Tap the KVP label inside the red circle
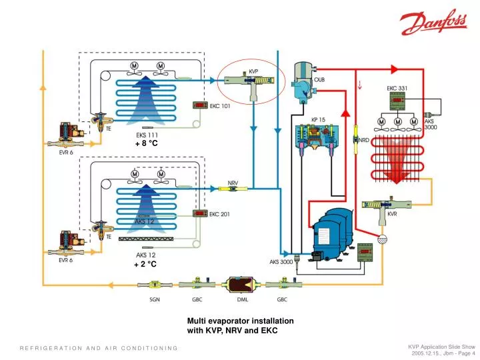click(x=254, y=71)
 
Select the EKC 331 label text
click(x=398, y=88)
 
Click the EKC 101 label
click(x=220, y=105)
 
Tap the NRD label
click(x=364, y=141)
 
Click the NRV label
click(x=234, y=183)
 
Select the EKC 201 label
click(x=220, y=214)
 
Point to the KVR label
click(x=392, y=214)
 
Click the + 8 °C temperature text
click(x=146, y=143)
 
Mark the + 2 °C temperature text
click(x=146, y=264)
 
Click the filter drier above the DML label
click(x=237, y=283)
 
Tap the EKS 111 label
click(x=146, y=135)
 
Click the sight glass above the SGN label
click(x=154, y=283)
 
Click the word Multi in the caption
click(x=197, y=321)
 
